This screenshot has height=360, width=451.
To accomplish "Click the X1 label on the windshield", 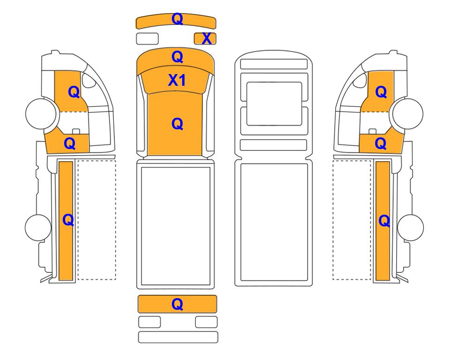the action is tap(177, 80).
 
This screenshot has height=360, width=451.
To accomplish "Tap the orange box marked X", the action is tap(205, 38).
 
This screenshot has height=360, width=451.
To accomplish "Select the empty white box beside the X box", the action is tap(147, 38).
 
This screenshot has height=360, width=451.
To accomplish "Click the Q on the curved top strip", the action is tap(177, 19).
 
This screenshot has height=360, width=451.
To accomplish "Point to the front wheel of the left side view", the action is tap(41, 113).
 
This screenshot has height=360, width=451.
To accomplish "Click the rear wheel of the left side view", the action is tap(38, 227).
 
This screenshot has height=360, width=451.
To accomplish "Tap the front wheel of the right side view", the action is tap(408, 113).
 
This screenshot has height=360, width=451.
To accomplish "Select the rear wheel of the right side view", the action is tap(410, 227).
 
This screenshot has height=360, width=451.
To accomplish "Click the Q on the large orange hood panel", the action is tap(177, 124).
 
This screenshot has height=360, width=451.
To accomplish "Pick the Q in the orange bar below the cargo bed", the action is tap(177, 304).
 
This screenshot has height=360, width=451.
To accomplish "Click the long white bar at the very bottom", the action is tap(178, 337).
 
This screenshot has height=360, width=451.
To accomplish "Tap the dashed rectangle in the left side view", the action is tap(96, 220).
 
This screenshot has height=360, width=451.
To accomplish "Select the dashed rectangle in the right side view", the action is tap(352, 220).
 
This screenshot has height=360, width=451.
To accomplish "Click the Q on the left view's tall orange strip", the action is tap(68, 220).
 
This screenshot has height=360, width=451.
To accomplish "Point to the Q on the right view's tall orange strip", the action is tap(384, 221).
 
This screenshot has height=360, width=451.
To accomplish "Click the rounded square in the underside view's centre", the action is tap(274, 104).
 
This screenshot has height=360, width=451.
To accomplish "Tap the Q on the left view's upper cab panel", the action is tap(74, 92).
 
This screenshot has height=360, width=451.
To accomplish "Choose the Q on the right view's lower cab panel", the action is tap(381, 143).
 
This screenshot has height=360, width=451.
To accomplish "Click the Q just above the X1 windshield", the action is tap(177, 57).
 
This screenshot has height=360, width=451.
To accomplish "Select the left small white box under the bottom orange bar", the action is tap(149, 322).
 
